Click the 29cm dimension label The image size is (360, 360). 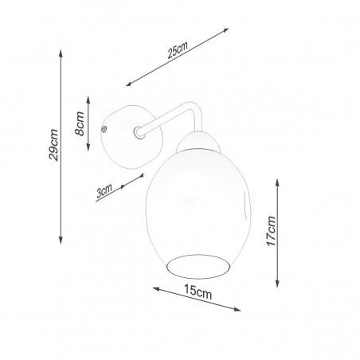point(54,145)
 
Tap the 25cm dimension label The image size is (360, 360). point(178,50)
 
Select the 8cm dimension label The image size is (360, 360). point(80,123)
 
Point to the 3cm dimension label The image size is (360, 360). point(104,190)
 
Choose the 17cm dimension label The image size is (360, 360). point(272,231)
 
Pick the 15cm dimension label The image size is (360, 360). point(198,292)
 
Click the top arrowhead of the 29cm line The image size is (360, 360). point(61,53)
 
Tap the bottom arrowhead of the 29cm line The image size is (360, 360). point(61,241)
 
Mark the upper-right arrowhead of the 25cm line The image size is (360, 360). point(225,30)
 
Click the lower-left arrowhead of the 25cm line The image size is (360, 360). point(129,84)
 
